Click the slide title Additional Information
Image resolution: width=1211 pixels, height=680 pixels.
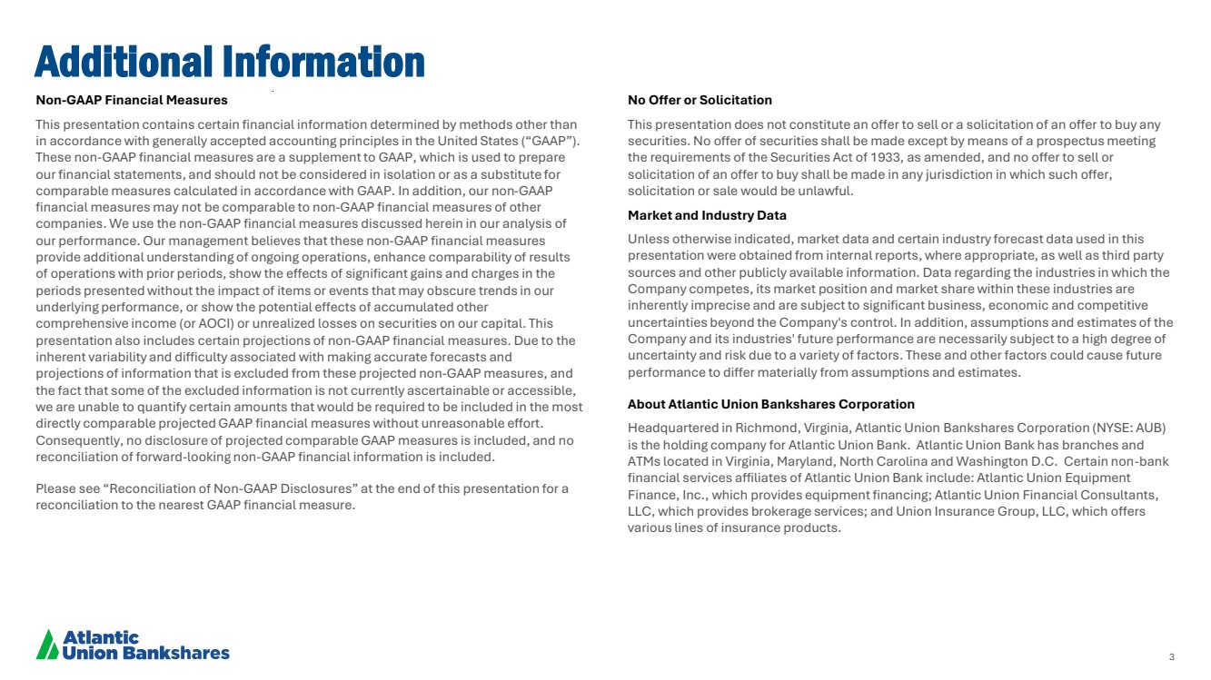tap(229, 62)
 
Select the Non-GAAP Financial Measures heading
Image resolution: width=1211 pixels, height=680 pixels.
tap(132, 100)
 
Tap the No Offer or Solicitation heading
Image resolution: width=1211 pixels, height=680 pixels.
tap(700, 100)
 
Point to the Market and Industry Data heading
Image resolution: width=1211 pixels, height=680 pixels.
tap(707, 215)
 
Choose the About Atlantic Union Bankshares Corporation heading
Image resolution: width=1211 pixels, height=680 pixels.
tap(771, 404)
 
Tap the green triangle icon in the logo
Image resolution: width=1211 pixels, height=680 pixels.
tap(46, 645)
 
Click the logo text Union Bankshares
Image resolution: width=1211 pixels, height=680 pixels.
tap(145, 653)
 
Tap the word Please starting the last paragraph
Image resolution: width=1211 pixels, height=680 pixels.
tap(54, 488)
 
